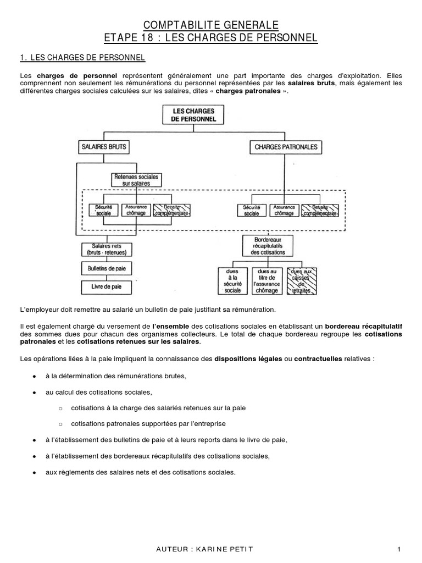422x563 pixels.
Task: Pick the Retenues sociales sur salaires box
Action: coord(135,180)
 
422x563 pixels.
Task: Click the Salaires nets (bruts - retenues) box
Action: coord(104,249)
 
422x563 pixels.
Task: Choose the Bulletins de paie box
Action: coord(104,268)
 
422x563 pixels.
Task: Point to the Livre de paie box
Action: coord(104,286)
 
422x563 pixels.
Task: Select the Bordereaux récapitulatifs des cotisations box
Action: coord(268,245)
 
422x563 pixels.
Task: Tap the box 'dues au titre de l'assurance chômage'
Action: coord(267,280)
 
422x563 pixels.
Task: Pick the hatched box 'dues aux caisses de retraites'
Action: coord(302,280)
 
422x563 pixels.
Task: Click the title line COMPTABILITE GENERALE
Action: coord(211,25)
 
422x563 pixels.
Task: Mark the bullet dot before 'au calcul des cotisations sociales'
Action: coord(35,393)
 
